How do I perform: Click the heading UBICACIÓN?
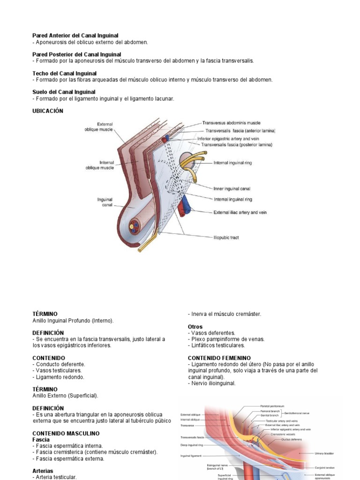tap(47, 111)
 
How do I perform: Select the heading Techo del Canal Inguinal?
tap(64, 74)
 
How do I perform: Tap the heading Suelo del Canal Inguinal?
tap(64, 92)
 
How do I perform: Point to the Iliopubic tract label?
tap(226, 238)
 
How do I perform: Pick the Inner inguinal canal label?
tap(232, 189)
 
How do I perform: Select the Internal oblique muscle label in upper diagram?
tap(99, 165)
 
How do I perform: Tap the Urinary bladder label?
tap(325, 454)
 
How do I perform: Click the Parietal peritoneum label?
tap(272, 406)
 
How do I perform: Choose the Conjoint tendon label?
tap(325, 467)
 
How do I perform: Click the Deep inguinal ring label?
tap(192, 445)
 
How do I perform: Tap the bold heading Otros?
tap(195, 327)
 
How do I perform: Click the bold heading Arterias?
tap(43, 471)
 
